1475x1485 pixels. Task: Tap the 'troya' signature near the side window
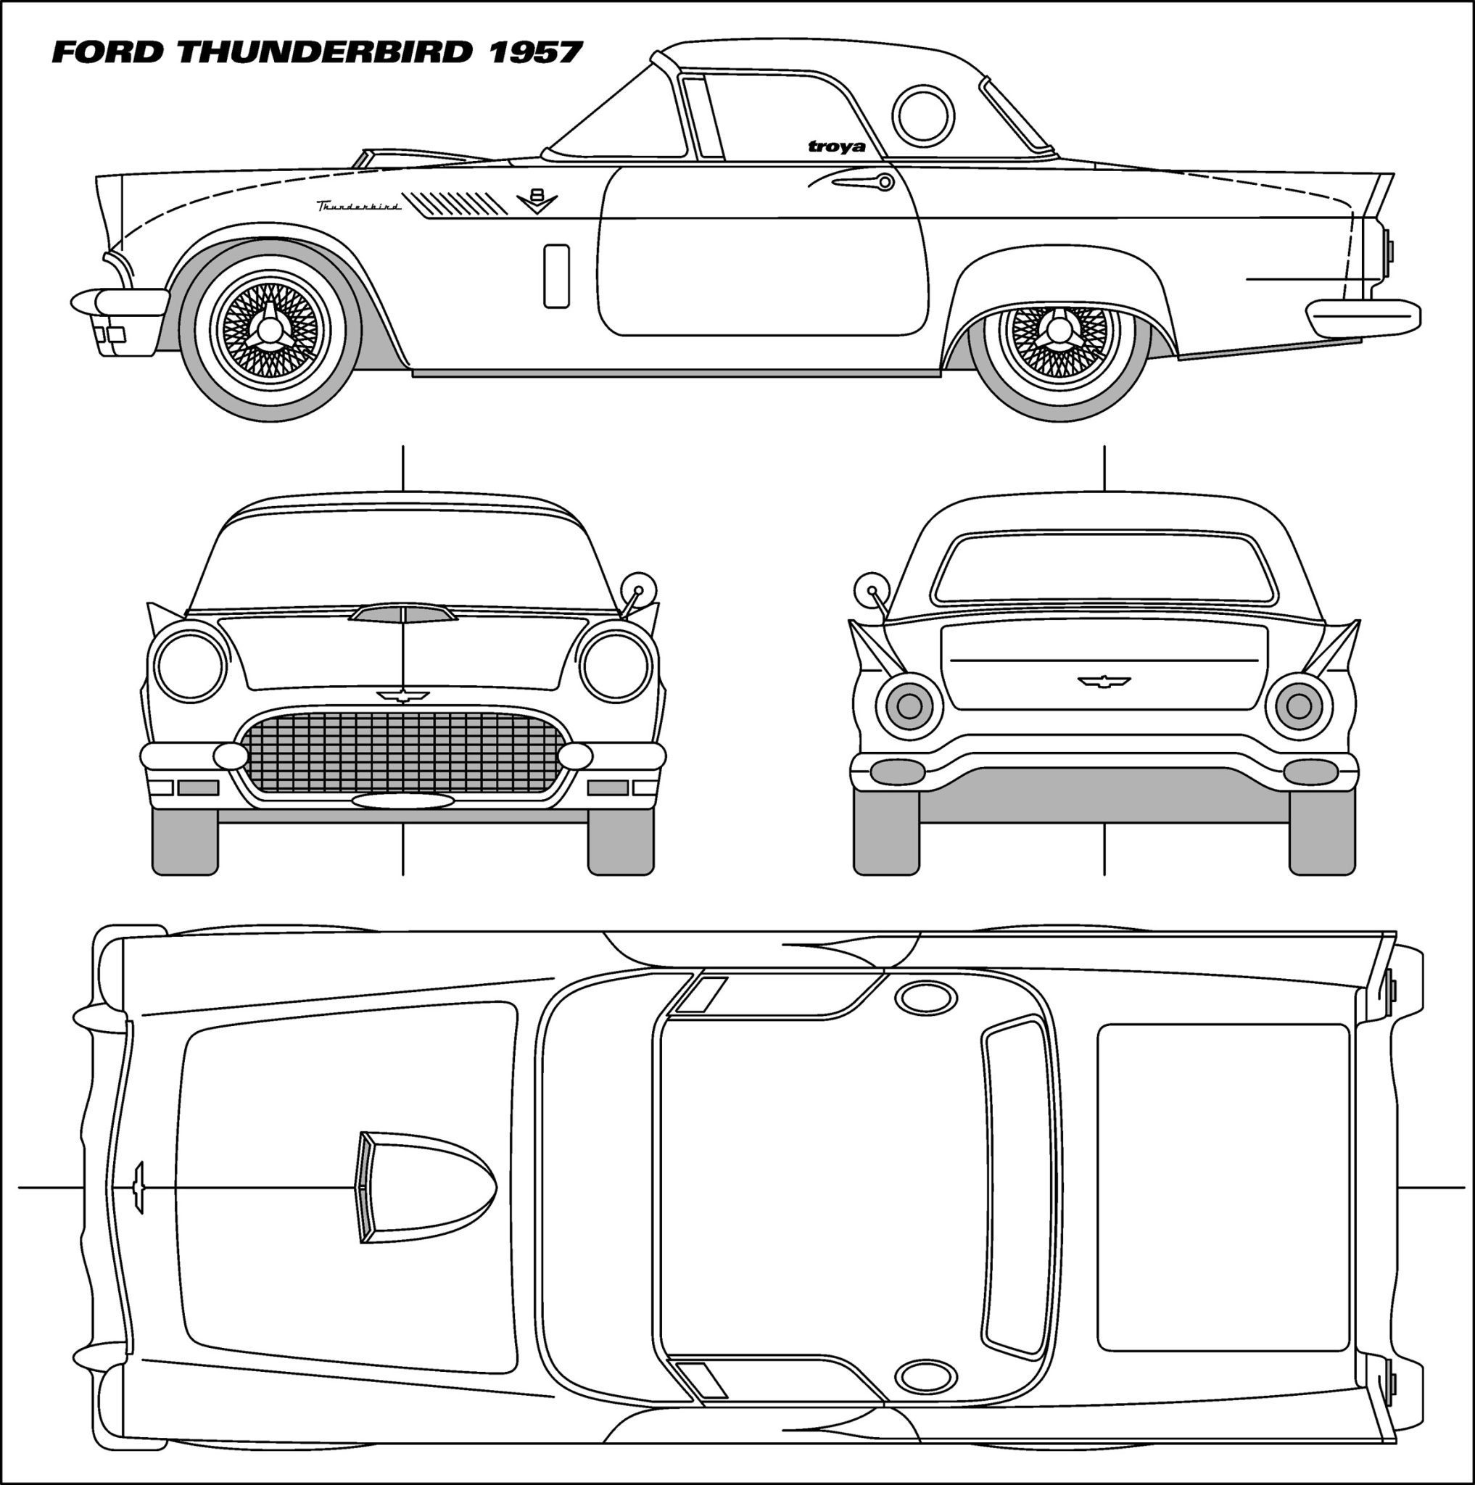pos(836,146)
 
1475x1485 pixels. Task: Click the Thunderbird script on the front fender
pos(359,206)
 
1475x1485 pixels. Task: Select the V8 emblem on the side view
pos(537,202)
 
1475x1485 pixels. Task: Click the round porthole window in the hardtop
pos(923,115)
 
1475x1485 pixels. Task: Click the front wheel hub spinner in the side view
pos(270,331)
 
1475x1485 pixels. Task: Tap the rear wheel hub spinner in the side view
pos(1059,330)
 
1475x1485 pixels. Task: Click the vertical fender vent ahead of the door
pos(556,276)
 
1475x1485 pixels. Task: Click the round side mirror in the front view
pos(638,590)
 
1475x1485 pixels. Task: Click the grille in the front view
pos(402,752)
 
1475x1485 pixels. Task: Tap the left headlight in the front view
pos(191,665)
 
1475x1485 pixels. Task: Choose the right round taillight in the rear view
pos(1299,706)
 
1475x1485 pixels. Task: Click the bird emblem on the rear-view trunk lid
pos(1104,681)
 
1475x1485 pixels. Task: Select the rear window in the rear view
pos(1103,568)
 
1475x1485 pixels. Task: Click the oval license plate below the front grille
pos(402,801)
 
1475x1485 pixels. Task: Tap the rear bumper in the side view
pos(1363,318)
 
